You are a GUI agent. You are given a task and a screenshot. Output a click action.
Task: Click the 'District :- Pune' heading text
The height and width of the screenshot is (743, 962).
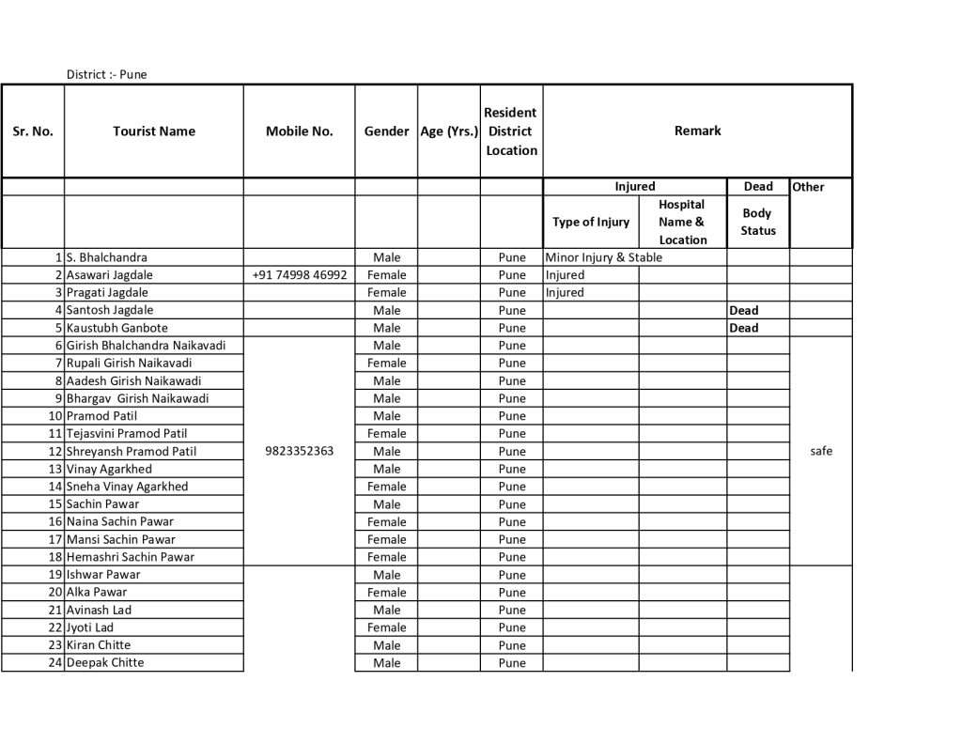pos(106,74)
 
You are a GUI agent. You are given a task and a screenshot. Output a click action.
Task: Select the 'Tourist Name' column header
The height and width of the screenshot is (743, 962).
pos(154,132)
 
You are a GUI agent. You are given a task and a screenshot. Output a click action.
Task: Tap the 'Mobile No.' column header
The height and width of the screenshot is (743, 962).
pos(299,132)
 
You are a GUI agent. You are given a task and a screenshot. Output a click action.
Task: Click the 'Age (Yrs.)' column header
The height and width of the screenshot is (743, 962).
pos(449,132)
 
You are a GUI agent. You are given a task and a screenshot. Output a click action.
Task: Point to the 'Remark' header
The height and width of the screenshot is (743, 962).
pos(697,131)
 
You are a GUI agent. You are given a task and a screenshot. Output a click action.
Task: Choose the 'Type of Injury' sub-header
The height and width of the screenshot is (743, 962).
pos(591,223)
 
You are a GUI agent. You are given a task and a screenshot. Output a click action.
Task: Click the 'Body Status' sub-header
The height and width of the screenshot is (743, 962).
pos(758,222)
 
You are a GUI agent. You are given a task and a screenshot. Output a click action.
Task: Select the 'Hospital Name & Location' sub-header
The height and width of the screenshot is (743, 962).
pos(682,222)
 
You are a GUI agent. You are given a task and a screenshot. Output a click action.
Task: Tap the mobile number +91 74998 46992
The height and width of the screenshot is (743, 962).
pos(300,275)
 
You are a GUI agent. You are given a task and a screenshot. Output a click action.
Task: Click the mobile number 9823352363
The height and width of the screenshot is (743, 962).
pos(300,451)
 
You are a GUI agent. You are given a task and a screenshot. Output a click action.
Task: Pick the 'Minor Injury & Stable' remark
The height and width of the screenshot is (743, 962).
pos(603,257)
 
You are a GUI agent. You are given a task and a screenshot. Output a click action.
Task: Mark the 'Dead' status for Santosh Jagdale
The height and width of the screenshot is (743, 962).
pos(744,310)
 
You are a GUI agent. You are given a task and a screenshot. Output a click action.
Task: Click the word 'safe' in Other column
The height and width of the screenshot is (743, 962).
pos(821,451)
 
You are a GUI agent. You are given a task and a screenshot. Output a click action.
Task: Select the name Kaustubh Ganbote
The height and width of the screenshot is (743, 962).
pos(117,328)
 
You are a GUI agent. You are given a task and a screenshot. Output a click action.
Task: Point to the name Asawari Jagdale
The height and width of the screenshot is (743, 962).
pos(109,275)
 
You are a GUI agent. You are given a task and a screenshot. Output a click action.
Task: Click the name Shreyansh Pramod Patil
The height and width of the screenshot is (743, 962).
pos(132,451)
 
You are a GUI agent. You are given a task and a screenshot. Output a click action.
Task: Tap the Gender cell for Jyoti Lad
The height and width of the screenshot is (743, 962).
pos(386,627)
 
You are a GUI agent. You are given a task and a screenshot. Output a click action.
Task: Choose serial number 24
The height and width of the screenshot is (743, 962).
pos(55,662)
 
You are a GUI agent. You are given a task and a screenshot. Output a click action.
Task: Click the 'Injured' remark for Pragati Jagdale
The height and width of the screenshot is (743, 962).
pos(565,292)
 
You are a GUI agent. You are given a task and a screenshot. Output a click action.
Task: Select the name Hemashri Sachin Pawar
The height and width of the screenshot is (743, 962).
pos(131,557)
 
